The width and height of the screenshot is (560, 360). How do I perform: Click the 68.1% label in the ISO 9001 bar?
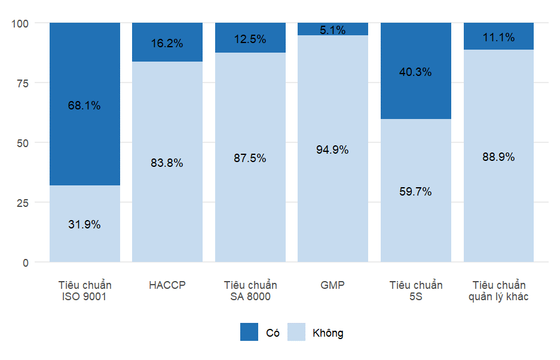84,106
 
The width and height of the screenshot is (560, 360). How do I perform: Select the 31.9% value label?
84,225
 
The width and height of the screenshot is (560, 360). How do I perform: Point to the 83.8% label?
167,163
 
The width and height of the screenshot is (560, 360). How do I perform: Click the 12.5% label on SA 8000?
250,39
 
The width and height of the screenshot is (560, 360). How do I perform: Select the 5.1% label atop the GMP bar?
333,30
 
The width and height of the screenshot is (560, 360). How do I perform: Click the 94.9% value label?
333,150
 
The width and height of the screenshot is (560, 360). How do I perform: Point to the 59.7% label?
415,192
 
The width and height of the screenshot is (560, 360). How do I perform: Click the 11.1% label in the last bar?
498,38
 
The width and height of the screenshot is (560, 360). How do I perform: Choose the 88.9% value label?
498,157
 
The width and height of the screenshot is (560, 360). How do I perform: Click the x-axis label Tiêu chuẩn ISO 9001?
84,291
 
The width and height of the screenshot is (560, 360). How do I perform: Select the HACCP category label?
167,285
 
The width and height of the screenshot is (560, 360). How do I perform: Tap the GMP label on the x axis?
333,285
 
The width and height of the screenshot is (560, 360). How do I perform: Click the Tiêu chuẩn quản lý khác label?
498,291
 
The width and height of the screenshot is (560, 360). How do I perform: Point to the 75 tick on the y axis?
22,83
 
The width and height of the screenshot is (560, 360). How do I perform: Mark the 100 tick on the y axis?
20,23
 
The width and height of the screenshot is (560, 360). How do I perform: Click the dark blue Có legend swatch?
249,332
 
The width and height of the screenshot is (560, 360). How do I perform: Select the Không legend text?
328,333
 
